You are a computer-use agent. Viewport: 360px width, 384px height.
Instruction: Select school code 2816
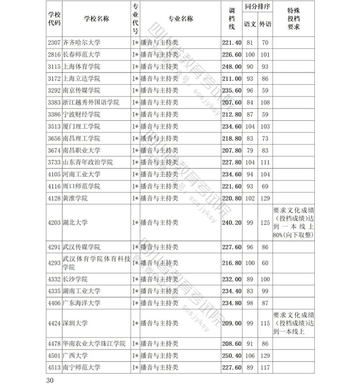point(53,54)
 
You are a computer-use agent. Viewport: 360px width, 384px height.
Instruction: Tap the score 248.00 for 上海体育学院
point(231,67)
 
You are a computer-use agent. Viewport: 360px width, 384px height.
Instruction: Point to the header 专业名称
point(180,19)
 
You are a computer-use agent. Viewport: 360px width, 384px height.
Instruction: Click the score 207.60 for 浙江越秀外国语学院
point(231,102)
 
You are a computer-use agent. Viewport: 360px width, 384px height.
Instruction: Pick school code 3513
point(53,126)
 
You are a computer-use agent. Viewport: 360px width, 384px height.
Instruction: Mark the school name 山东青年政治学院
point(88,162)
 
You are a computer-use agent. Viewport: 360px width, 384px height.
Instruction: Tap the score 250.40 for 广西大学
point(231,356)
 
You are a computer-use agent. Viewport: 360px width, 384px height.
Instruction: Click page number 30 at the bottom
point(50,380)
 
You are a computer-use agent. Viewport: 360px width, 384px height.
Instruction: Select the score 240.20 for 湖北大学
point(231,223)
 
